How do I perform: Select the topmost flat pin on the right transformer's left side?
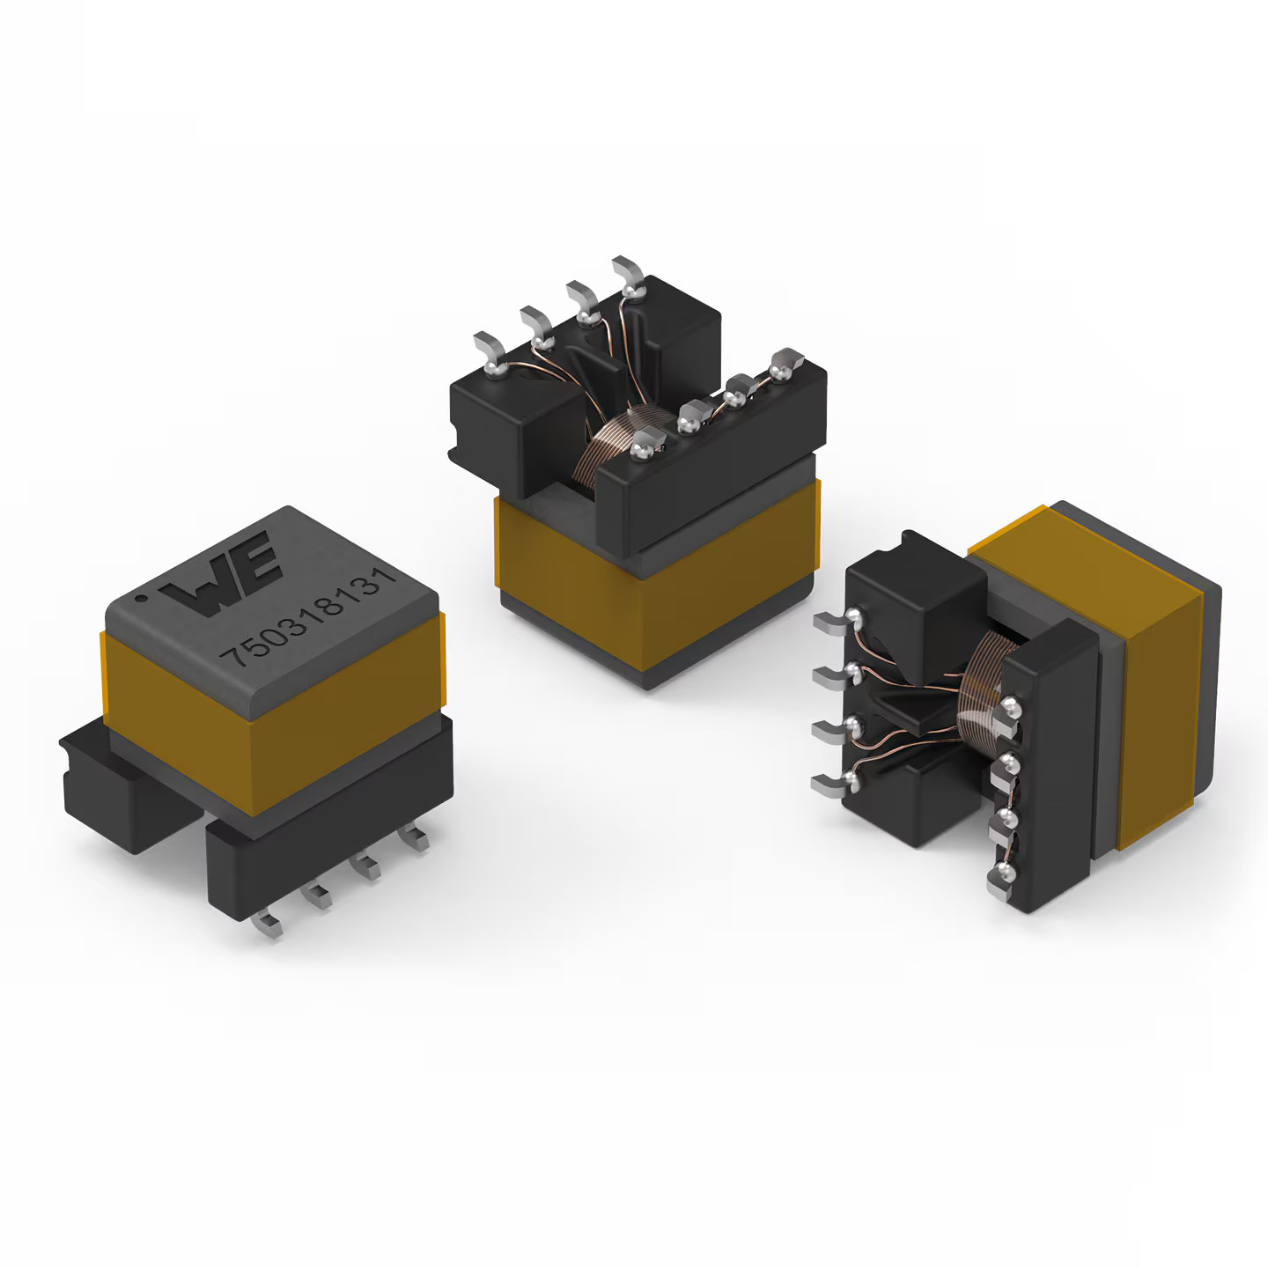point(832,623)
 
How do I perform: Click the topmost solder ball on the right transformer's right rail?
point(1012,707)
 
